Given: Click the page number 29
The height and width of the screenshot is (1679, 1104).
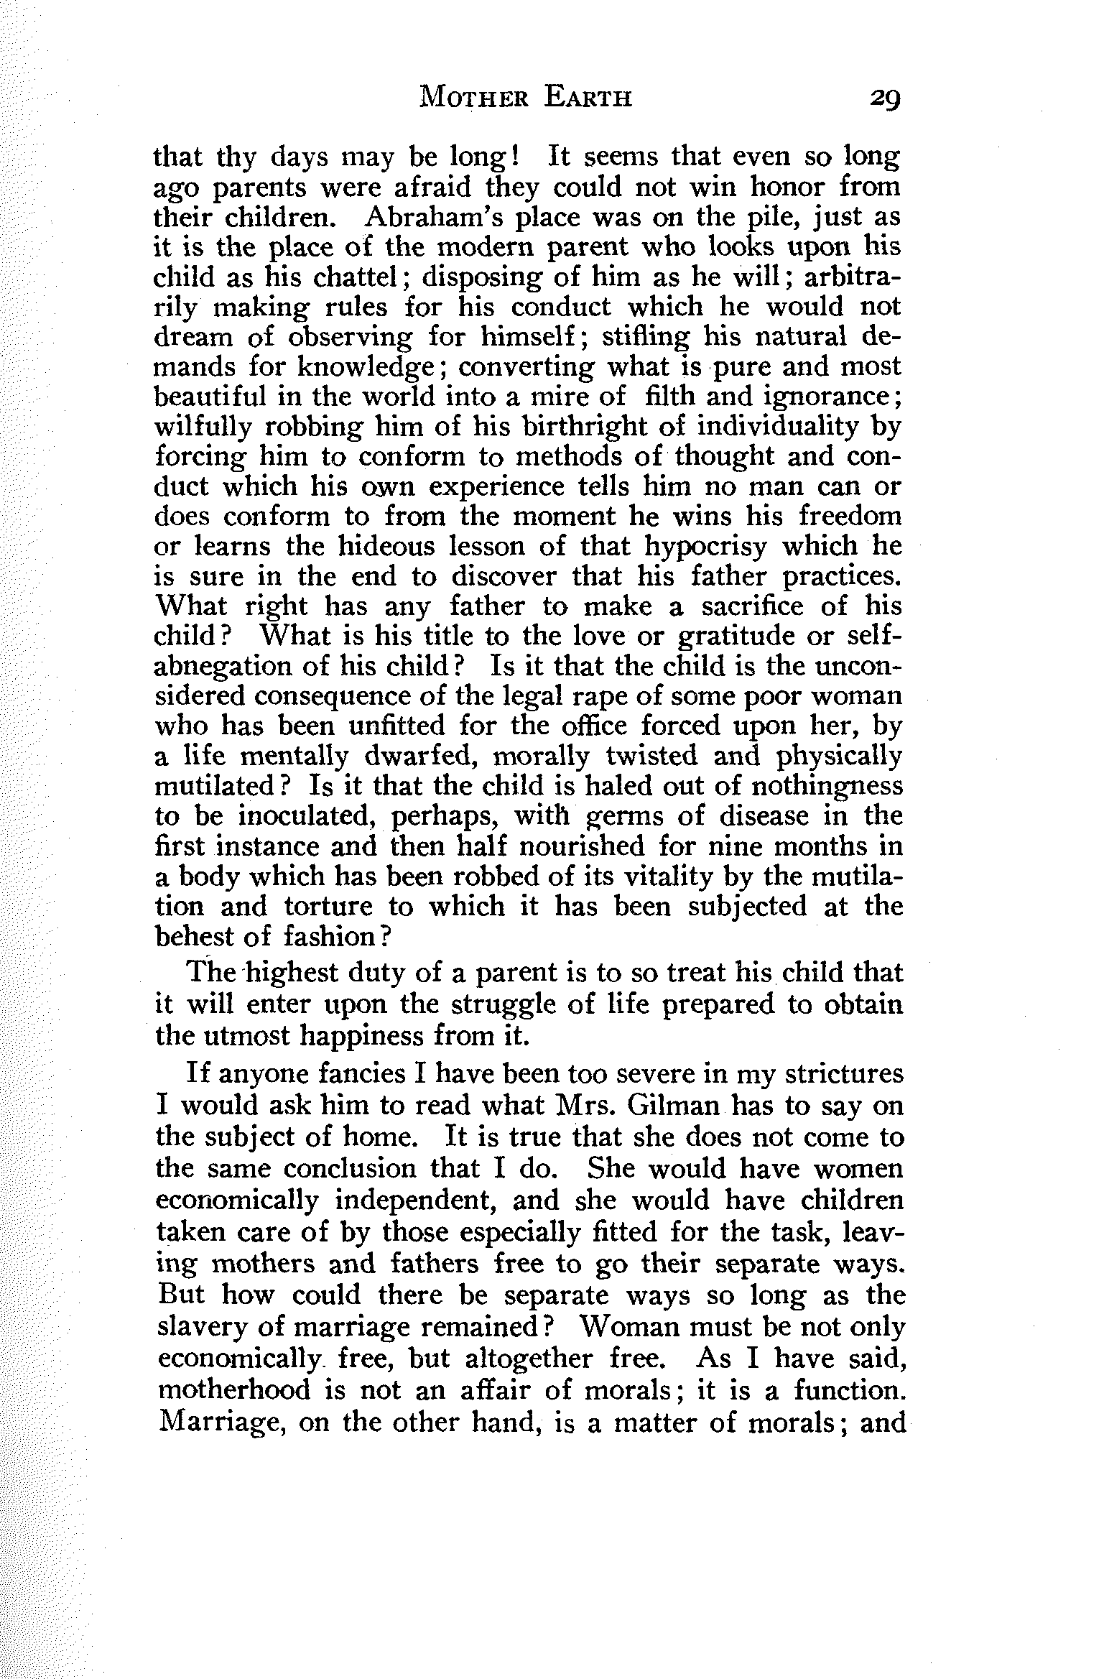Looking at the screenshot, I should tap(883, 96).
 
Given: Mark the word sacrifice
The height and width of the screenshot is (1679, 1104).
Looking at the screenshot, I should tap(755, 606).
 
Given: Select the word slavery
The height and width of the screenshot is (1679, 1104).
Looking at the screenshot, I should tap(200, 1328).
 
